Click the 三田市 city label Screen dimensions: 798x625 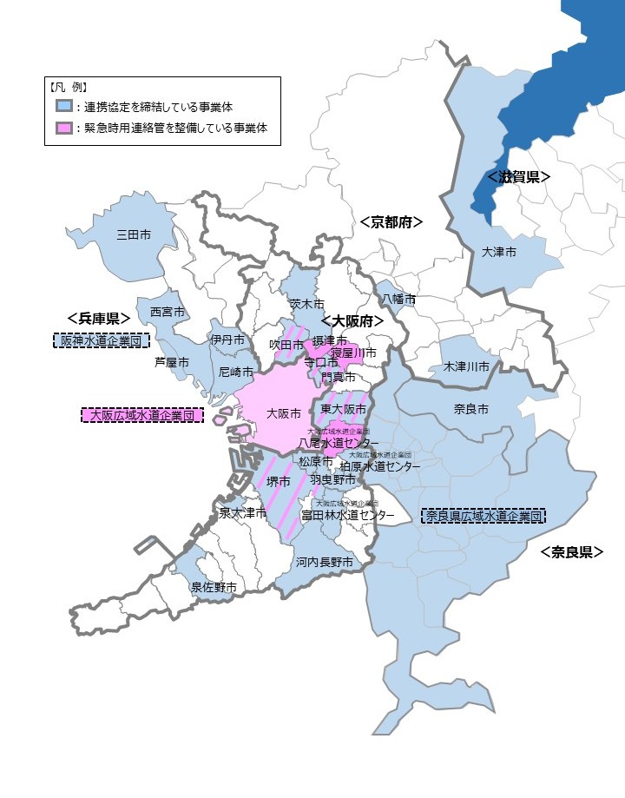tap(134, 234)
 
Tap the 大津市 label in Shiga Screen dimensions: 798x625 tap(498, 252)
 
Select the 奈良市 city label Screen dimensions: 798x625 tap(471, 408)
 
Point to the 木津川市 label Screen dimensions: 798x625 tap(466, 367)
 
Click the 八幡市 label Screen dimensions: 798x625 tap(398, 299)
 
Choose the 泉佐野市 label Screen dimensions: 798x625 tap(214, 588)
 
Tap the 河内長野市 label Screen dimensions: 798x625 tap(324, 563)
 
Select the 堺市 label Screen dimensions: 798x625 tap(279, 482)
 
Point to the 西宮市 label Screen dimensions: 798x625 tap(167, 311)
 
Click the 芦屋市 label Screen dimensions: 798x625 tap(172, 362)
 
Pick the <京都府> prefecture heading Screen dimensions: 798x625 tap(391, 222)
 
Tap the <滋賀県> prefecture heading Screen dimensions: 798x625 tap(519, 176)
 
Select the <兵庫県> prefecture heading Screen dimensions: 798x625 tap(98, 319)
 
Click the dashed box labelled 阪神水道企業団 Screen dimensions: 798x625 tap(101, 340)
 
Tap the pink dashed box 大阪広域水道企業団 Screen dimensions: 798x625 tap(142, 415)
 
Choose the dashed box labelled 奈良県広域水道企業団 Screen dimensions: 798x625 tap(484, 516)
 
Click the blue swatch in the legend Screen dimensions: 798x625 tap(64, 107)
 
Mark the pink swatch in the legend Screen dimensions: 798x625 tap(64, 129)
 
